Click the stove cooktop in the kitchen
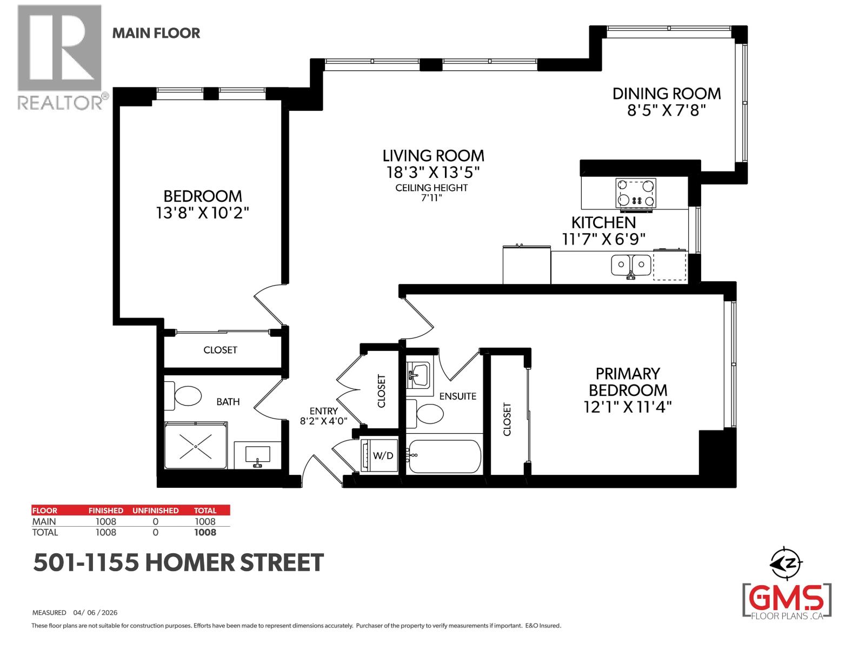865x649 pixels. click(636, 193)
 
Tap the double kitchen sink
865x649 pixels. click(630, 265)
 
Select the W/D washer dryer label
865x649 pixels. click(383, 456)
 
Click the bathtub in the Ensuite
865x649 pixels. click(444, 456)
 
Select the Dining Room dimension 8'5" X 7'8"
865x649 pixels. click(666, 110)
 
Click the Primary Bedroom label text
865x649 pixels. click(627, 382)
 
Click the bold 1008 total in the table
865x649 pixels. click(205, 532)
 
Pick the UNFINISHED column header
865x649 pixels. click(155, 510)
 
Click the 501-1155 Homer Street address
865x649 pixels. click(178, 563)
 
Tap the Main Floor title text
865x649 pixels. click(156, 33)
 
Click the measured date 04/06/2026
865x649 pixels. click(97, 613)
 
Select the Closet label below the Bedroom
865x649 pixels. click(220, 350)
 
